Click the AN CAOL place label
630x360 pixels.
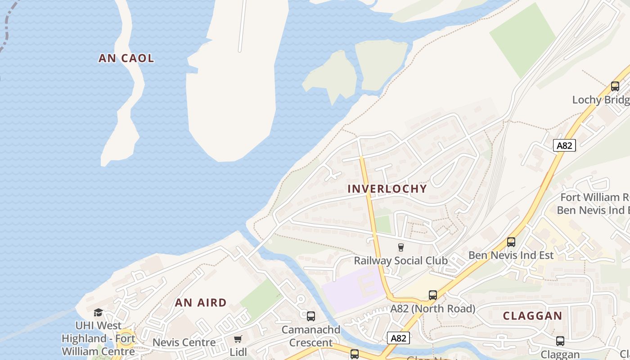126,58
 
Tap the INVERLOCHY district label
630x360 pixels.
387,189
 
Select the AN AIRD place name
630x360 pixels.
201,302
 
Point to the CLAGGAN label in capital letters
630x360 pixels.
532,315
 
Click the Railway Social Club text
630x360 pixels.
400,261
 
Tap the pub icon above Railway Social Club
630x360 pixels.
400,247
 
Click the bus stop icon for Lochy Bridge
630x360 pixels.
615,86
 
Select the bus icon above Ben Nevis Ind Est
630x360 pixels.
511,242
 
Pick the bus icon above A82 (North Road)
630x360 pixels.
432,295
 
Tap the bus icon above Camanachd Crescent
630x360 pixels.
310,316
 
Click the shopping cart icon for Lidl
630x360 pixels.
238,339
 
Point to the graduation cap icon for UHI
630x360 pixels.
98,312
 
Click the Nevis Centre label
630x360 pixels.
184,342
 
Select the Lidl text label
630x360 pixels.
238,352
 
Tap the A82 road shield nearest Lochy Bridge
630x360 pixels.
564,145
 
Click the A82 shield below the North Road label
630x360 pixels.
398,337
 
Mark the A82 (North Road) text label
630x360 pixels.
432,309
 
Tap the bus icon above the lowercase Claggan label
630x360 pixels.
560,341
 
